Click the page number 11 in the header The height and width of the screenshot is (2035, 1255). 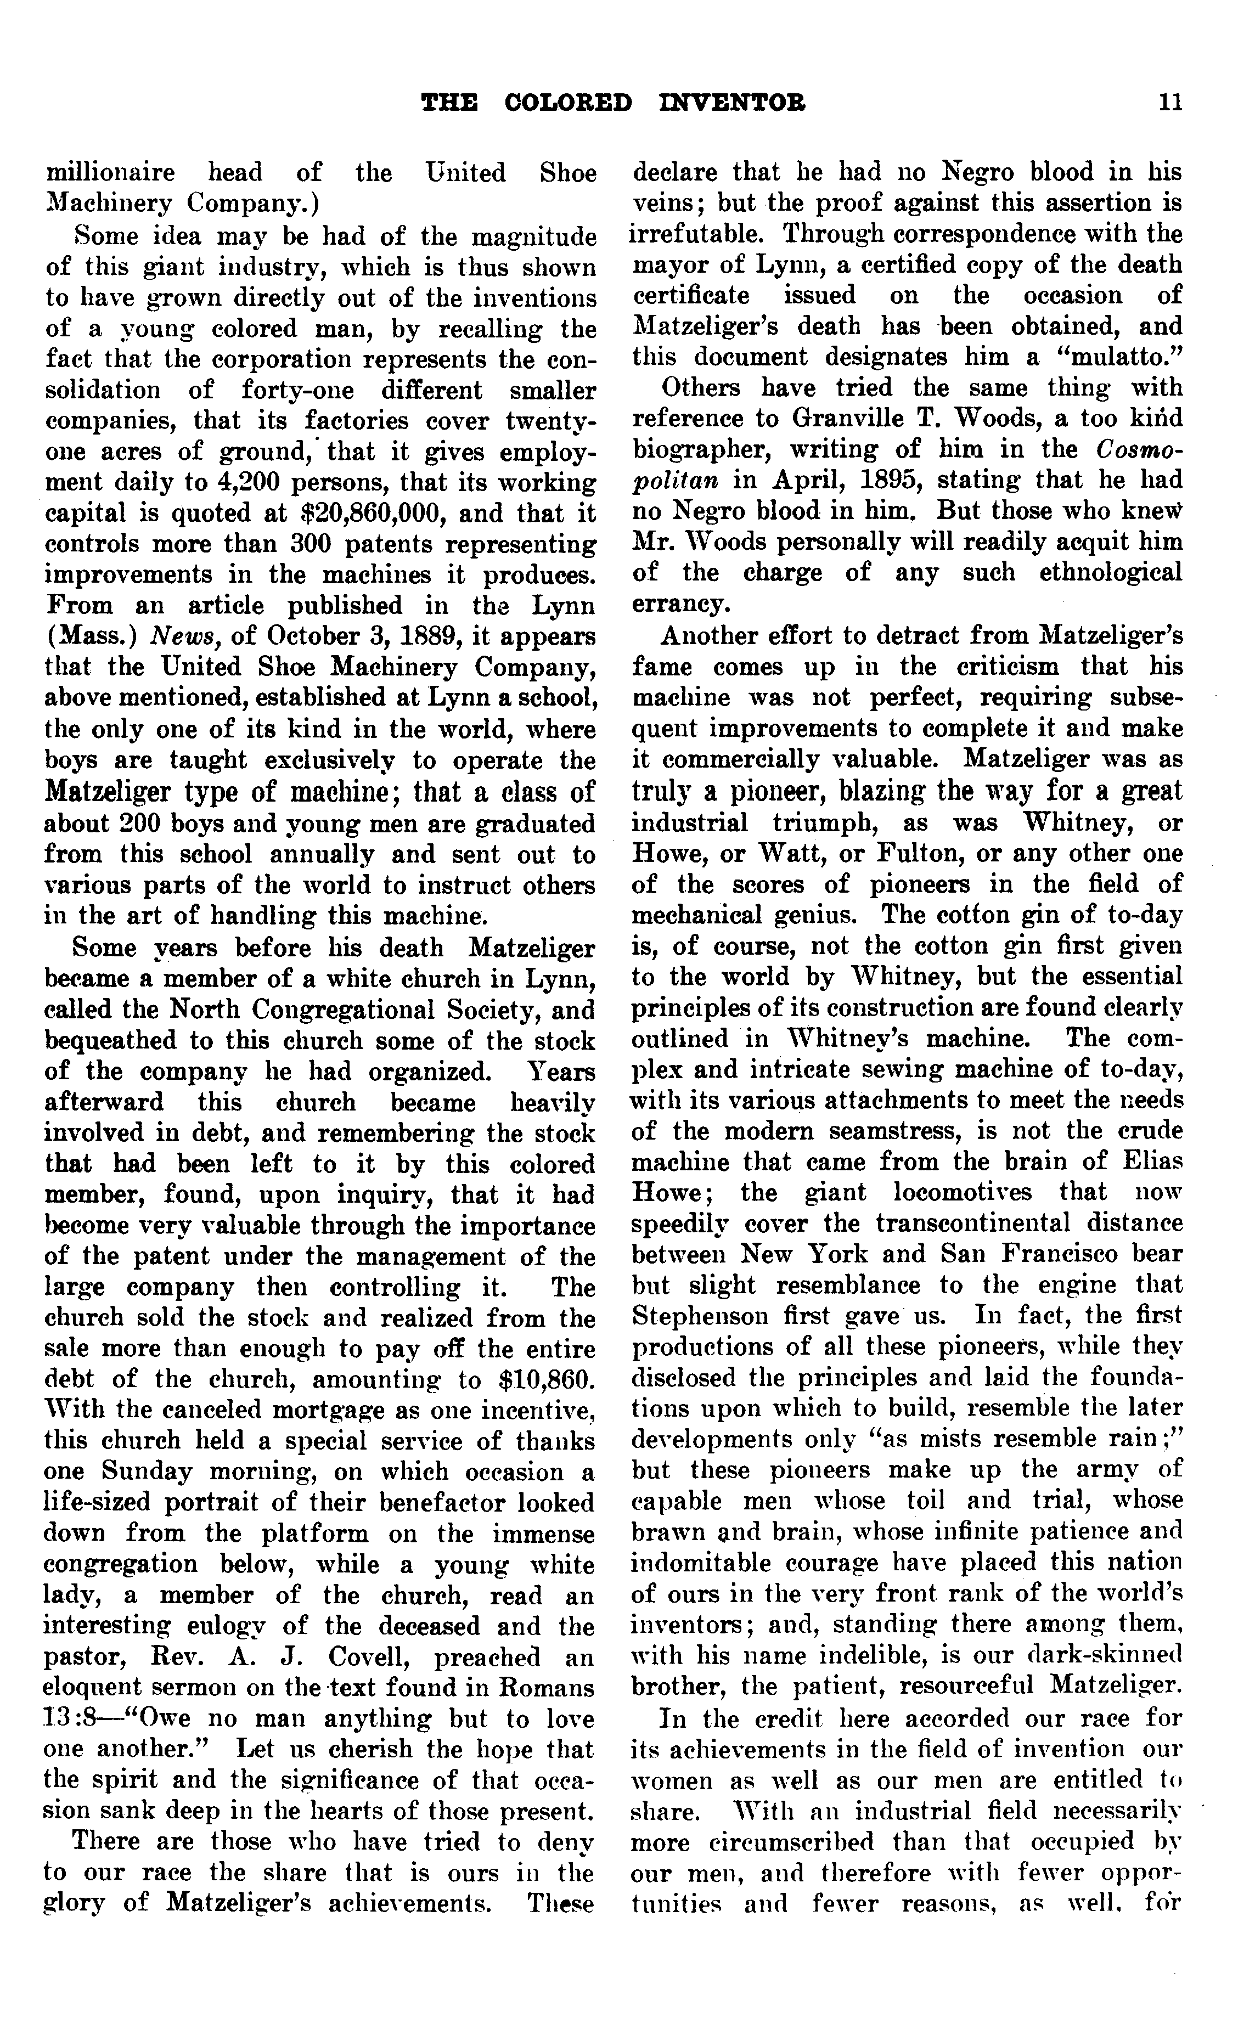point(1171,102)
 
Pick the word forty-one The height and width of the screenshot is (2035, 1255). point(297,390)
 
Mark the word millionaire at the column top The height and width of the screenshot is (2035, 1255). point(110,173)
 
